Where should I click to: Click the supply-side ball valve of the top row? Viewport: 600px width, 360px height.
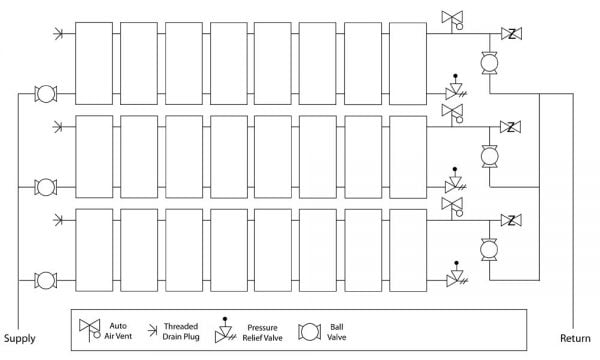click(44, 95)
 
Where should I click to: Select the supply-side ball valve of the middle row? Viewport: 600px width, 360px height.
click(44, 186)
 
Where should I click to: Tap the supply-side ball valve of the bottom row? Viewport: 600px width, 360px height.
click(44, 279)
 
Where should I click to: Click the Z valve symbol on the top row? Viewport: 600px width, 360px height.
click(511, 35)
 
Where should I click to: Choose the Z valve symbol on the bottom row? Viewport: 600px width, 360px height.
click(511, 219)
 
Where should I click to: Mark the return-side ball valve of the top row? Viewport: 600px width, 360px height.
click(490, 64)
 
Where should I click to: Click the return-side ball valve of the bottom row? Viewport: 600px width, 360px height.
click(490, 250)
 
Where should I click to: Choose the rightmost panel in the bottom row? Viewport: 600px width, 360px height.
click(408, 250)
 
